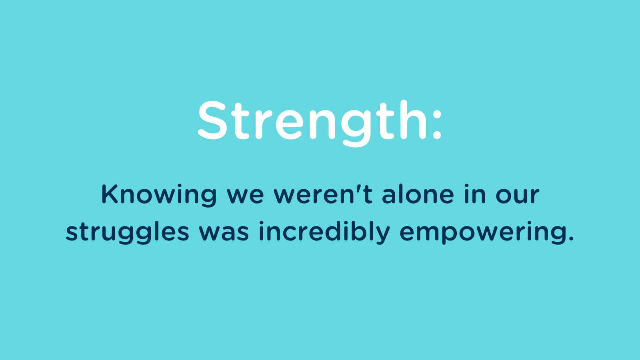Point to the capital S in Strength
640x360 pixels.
point(212,120)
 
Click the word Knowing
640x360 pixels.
point(159,195)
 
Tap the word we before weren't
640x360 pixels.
point(246,197)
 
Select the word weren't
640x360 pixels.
point(323,194)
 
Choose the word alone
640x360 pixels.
point(418,194)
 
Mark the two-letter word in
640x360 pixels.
point(475,194)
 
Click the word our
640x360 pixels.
point(518,197)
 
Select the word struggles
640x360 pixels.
point(128,232)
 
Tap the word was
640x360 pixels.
point(224,234)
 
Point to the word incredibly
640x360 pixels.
point(324,232)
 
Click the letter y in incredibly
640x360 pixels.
point(382,236)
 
